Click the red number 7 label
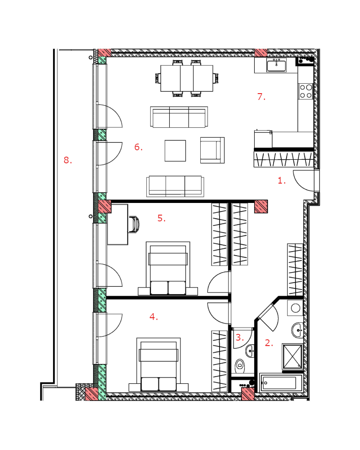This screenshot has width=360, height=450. coord(261,97)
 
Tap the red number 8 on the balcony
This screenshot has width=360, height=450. coord(68,160)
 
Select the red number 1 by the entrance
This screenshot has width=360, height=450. coord(282,180)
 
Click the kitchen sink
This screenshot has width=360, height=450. coord(276,65)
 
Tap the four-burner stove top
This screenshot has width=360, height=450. coord(306,91)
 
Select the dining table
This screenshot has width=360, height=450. coord(187,78)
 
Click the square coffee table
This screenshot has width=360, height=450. coord(175,151)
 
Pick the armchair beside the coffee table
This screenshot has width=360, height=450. coord(212,150)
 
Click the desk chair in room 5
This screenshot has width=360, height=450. coord(134,225)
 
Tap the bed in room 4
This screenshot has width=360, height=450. coord(158,364)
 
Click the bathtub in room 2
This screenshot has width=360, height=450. coord(281,383)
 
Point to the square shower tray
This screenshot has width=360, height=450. coord(292,356)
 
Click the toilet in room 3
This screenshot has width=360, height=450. coord(239,366)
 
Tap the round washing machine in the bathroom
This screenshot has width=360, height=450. coord(295,308)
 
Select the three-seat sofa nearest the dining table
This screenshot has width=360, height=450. coord(179,117)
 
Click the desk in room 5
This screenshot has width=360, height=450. coord(117,225)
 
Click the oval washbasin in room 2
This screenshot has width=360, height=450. coord(297,330)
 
